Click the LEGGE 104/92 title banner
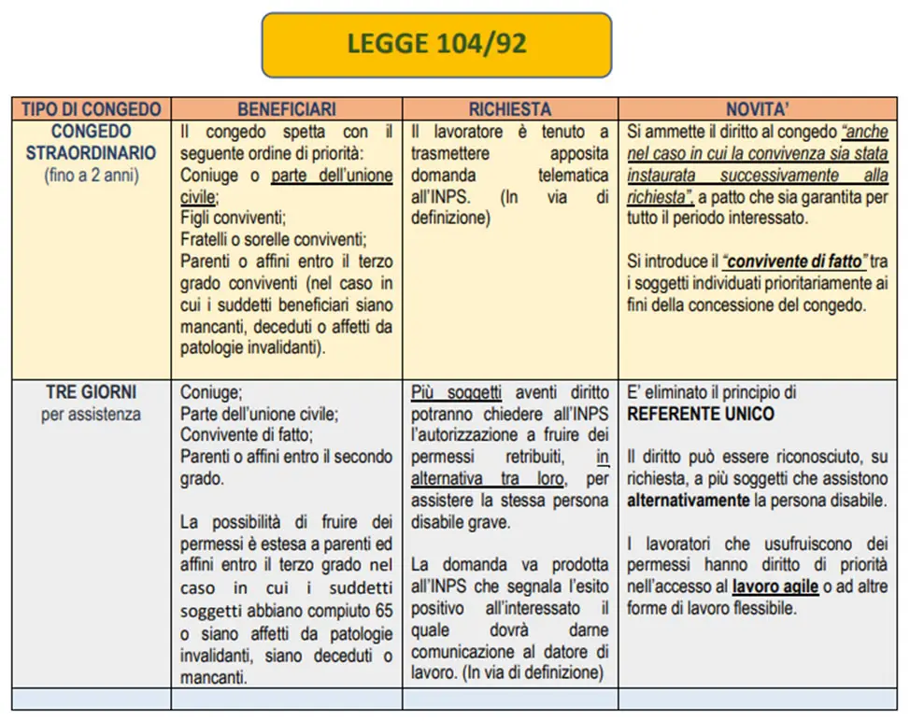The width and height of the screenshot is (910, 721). click(x=436, y=44)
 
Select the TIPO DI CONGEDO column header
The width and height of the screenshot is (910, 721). click(x=91, y=109)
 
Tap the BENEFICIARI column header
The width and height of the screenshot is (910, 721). click(x=286, y=109)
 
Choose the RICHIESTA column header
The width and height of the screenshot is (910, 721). click(x=509, y=109)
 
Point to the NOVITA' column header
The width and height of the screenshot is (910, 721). click(x=757, y=109)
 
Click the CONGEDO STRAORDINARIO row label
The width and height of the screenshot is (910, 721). click(x=91, y=142)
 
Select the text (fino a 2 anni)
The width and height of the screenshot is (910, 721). click(x=91, y=175)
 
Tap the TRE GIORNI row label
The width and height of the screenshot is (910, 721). click(x=91, y=393)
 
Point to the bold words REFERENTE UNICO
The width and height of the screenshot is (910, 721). click(x=700, y=414)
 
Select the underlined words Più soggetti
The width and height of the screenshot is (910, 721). click(x=457, y=393)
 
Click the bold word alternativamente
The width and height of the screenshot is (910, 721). click(x=688, y=501)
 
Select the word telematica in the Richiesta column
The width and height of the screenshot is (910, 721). click(x=573, y=175)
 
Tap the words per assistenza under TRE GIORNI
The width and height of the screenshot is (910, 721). click(x=91, y=414)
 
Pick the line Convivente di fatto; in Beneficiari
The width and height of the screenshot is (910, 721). click(x=247, y=435)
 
